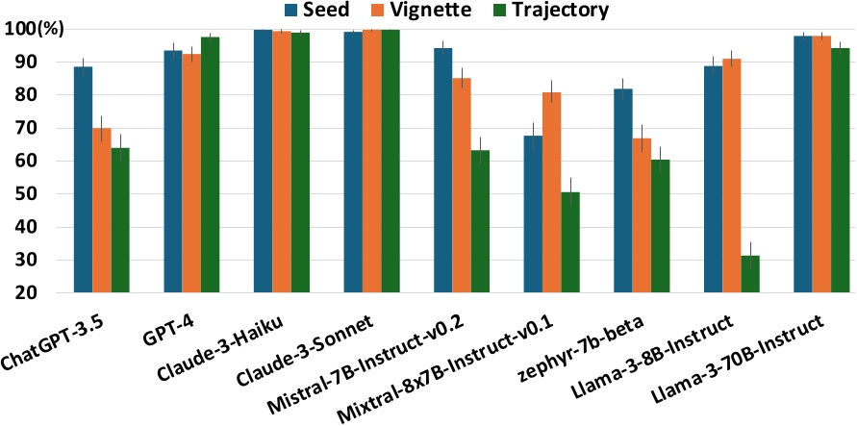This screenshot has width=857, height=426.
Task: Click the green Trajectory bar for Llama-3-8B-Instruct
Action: tap(750, 274)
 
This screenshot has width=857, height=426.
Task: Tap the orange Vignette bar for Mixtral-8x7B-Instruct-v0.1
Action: tap(551, 192)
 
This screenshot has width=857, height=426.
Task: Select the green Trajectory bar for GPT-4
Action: tap(210, 164)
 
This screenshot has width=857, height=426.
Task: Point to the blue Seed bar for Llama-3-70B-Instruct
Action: tap(803, 164)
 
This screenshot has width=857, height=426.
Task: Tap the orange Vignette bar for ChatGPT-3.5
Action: tap(101, 211)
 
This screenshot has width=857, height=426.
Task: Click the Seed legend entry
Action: tap(322, 12)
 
